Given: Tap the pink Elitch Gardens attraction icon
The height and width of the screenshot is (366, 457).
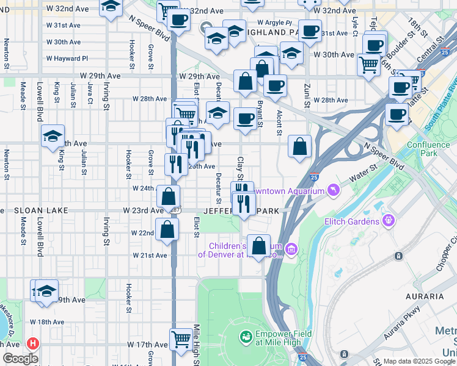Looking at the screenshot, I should click(388, 219).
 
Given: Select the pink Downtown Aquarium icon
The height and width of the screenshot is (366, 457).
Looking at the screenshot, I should click(333, 192).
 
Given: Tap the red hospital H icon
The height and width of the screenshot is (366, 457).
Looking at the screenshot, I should click(32, 343).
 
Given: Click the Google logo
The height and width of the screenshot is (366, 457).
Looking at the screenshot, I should click(20, 359).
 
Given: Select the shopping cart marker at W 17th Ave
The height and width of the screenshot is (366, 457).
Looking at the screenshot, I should click(181, 339).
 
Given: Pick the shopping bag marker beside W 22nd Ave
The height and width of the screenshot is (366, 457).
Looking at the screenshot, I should click(167, 230).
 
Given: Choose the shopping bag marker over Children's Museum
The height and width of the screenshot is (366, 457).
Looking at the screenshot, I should click(260, 246).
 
